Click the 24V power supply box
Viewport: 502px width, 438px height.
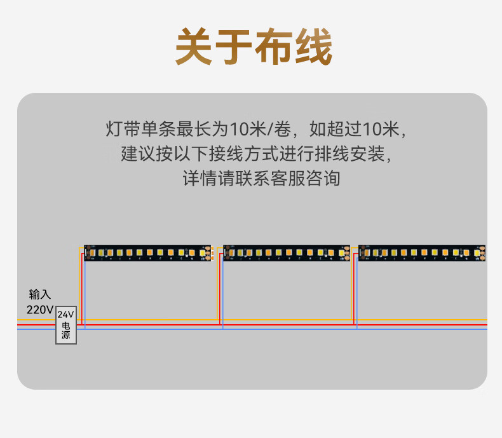(x=66, y=325)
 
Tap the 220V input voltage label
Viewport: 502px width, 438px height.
(x=39, y=310)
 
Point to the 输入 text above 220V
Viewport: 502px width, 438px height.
(x=39, y=295)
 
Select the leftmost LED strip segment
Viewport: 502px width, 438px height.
(x=147, y=252)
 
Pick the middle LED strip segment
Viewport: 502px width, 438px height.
(x=287, y=252)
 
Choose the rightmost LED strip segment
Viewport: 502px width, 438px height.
(x=422, y=252)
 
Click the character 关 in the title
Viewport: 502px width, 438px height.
(x=194, y=46)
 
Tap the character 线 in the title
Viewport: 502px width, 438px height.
(x=312, y=46)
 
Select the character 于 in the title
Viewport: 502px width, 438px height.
(x=233, y=46)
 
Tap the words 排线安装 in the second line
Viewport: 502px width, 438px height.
(x=358, y=154)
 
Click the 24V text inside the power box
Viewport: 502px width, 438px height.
(x=66, y=315)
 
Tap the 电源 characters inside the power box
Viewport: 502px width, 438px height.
(x=66, y=331)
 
